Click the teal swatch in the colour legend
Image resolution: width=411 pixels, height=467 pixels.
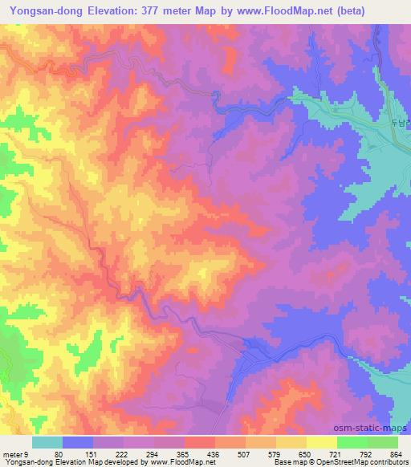(47, 443)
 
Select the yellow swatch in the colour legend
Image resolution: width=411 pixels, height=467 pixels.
(321, 443)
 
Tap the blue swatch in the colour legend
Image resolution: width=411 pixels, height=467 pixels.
(78, 443)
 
